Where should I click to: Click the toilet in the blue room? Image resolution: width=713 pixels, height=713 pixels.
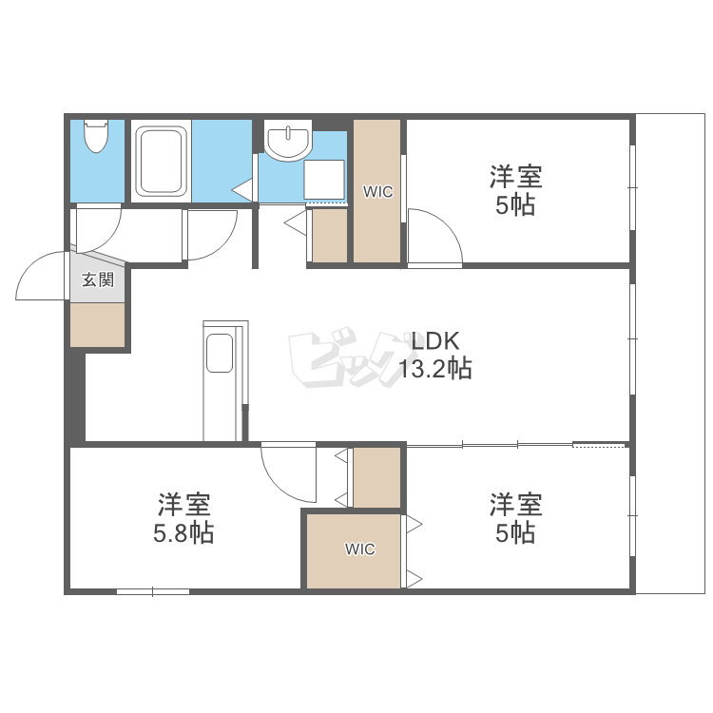coord(96,136)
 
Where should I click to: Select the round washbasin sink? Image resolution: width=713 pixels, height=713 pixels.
coord(288,140)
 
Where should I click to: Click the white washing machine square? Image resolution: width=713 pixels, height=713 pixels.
coord(324,180)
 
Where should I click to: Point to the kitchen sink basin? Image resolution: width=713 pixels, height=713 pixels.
coord(220,353)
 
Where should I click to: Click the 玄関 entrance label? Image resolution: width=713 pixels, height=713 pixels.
coord(97,279)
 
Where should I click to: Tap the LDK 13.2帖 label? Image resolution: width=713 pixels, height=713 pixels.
coord(435,355)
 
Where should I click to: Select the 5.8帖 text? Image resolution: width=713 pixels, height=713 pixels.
coord(183,532)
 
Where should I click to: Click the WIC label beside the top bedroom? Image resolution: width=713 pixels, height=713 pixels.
coord(377,192)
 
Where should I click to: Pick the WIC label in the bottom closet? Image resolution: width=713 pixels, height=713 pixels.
coord(360,549)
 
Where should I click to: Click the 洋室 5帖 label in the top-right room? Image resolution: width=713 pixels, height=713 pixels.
coord(515,190)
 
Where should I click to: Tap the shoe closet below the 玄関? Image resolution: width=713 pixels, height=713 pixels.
coord(97,325)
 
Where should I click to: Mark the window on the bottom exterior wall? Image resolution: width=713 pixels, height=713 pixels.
coord(153,591)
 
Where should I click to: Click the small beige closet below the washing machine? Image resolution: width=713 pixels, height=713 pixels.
coord(330,235)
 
